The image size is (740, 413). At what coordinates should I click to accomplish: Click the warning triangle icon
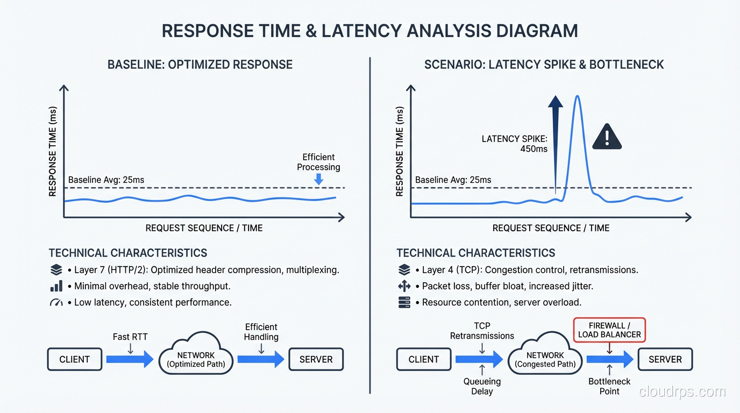(x=607, y=137)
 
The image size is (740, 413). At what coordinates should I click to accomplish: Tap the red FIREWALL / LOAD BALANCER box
(x=609, y=330)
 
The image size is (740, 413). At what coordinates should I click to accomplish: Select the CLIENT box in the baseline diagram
(x=74, y=359)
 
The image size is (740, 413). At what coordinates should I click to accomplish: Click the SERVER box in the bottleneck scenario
(x=665, y=359)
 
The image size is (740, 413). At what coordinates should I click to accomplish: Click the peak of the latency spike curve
(x=577, y=97)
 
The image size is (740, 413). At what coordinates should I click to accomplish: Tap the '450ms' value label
(x=533, y=148)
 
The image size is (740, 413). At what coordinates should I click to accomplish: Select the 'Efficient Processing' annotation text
(x=318, y=162)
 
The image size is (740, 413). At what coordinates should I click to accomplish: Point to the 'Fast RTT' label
(x=130, y=337)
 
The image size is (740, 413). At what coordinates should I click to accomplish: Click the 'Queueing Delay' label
(x=482, y=386)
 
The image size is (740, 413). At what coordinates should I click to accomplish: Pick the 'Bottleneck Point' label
(x=609, y=386)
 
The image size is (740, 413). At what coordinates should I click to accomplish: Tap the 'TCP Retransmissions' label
(x=482, y=331)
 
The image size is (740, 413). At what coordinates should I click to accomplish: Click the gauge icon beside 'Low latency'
(x=56, y=303)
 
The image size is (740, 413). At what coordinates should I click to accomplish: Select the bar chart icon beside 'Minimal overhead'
(x=56, y=286)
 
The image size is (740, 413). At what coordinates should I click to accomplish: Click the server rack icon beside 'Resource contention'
(x=404, y=303)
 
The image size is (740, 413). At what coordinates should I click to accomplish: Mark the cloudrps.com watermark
(x=682, y=391)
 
